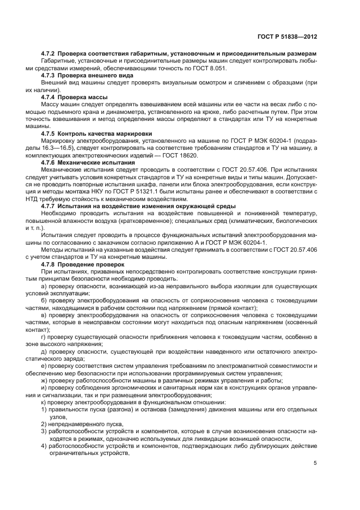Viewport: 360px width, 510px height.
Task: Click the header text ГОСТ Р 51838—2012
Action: click(287, 37)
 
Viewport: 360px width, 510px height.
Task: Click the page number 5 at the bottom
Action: click(315, 464)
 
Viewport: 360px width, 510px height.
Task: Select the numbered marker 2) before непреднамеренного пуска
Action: click(44, 424)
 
